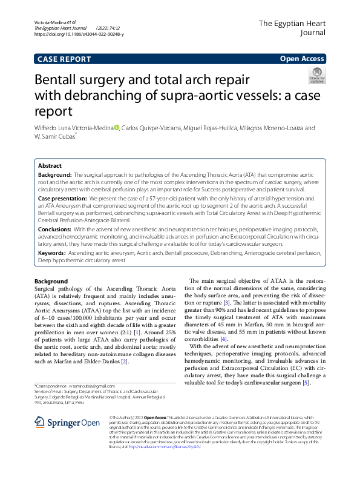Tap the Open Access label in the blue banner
302,59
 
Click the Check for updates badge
316,76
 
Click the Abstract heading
50,165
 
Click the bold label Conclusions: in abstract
54,230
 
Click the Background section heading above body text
51,282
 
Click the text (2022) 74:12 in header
108,28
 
